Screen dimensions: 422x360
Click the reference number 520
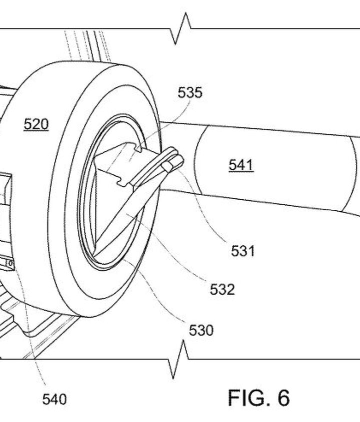click(x=36, y=124)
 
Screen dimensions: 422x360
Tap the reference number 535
click(x=190, y=93)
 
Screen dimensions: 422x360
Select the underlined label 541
click(x=241, y=165)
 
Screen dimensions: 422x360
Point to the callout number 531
click(x=243, y=250)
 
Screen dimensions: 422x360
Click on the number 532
click(x=222, y=289)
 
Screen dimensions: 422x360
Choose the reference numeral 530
click(x=200, y=330)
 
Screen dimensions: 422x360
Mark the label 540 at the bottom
click(x=54, y=399)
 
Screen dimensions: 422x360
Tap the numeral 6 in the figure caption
click(x=282, y=398)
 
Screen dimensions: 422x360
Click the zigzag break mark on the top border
click(x=181, y=29)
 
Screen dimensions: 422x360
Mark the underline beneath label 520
click(x=36, y=131)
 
